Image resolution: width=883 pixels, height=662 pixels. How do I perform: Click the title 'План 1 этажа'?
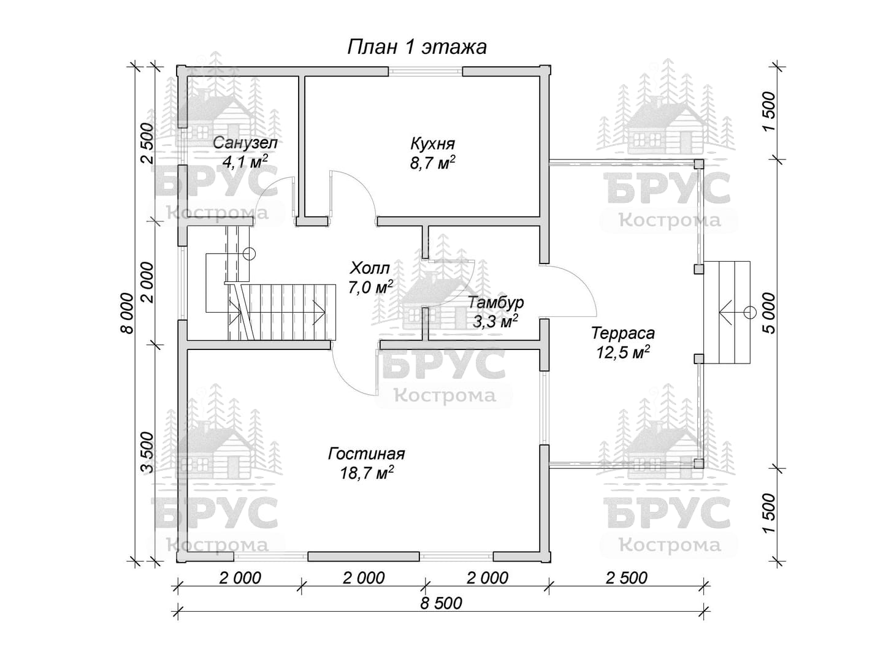tap(417, 47)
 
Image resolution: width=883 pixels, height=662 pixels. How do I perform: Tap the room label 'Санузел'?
tap(245, 143)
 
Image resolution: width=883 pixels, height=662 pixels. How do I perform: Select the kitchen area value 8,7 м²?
tap(432, 163)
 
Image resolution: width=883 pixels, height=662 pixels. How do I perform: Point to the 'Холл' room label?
tap(370, 267)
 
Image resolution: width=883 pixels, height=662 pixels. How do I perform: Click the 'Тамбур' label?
tap(496, 302)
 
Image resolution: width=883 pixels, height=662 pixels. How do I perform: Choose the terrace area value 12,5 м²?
tap(623, 352)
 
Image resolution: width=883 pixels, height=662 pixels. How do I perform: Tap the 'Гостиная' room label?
tap(366, 454)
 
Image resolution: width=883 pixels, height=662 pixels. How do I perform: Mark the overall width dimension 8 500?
tap(442, 603)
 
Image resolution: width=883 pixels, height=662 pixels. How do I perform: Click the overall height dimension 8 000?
tap(126, 313)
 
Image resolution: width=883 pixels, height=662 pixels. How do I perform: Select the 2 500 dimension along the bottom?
tap(626, 578)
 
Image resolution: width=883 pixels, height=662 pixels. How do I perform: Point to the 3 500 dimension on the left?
tap(148, 452)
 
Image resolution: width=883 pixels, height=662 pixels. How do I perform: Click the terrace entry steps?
tap(727, 313)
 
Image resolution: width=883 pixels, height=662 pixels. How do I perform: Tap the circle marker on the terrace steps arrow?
tap(750, 313)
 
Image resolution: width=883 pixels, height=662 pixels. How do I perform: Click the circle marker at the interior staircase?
tap(250, 254)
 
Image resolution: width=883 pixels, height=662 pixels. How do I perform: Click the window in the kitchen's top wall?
tap(425, 71)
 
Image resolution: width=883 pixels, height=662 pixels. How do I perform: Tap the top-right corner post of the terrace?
tap(699, 164)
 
